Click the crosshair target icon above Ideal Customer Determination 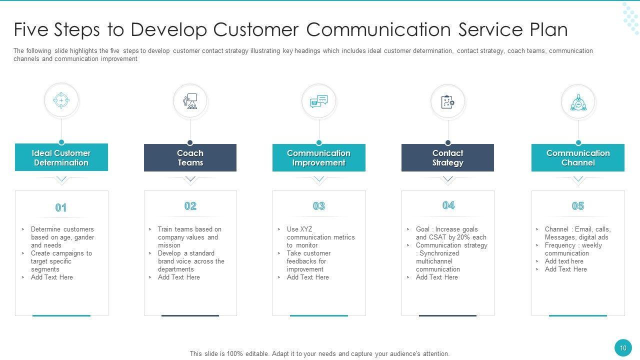(x=61, y=100)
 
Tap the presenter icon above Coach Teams (x=190, y=101)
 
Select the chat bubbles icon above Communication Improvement (x=319, y=101)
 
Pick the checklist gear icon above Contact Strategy (x=447, y=102)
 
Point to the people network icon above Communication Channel (x=578, y=102)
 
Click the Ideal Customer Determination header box (x=61, y=157)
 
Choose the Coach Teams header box (x=190, y=157)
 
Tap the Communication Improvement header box (x=319, y=157)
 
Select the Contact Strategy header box (x=447, y=157)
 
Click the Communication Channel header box (x=578, y=157)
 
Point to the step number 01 (x=61, y=207)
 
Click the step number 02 (x=190, y=206)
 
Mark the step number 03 (x=319, y=206)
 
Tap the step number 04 (x=448, y=205)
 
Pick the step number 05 (x=578, y=206)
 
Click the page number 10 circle (x=623, y=348)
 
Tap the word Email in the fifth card (x=583, y=229)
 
